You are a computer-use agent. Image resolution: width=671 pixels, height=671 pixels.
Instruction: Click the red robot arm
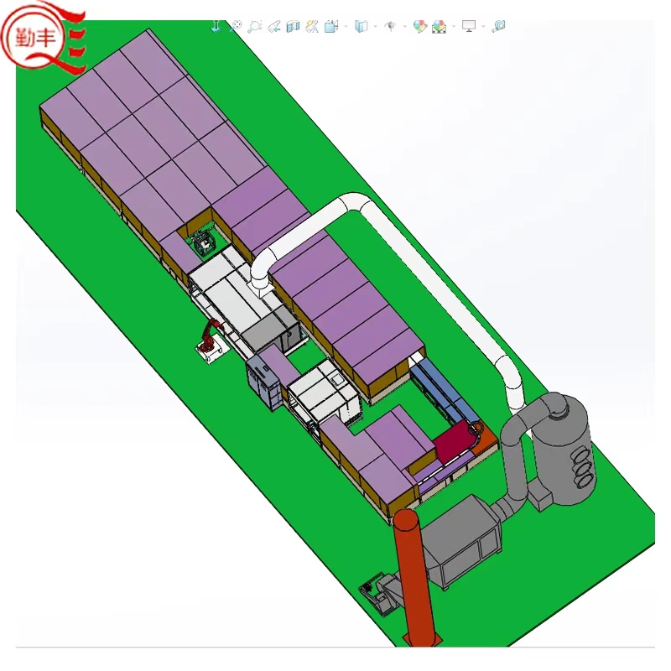211,336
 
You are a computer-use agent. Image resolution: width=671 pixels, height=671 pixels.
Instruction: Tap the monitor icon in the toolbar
469,26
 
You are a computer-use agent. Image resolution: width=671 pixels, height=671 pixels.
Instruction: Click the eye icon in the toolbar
390,26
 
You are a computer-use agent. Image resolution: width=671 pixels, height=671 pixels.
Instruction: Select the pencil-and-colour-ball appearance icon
420,26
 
